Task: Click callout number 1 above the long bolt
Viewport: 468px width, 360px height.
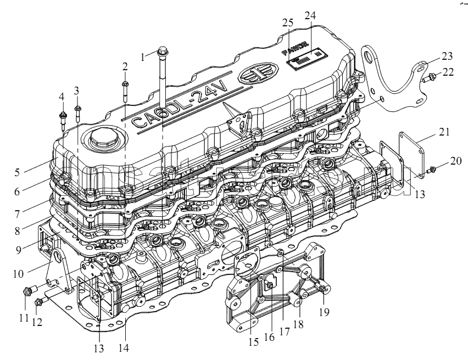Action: (143, 56)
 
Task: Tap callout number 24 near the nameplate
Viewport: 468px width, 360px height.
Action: (310, 16)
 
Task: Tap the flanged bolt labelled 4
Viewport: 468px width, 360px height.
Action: (62, 116)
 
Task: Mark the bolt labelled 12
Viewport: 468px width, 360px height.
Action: (38, 302)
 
